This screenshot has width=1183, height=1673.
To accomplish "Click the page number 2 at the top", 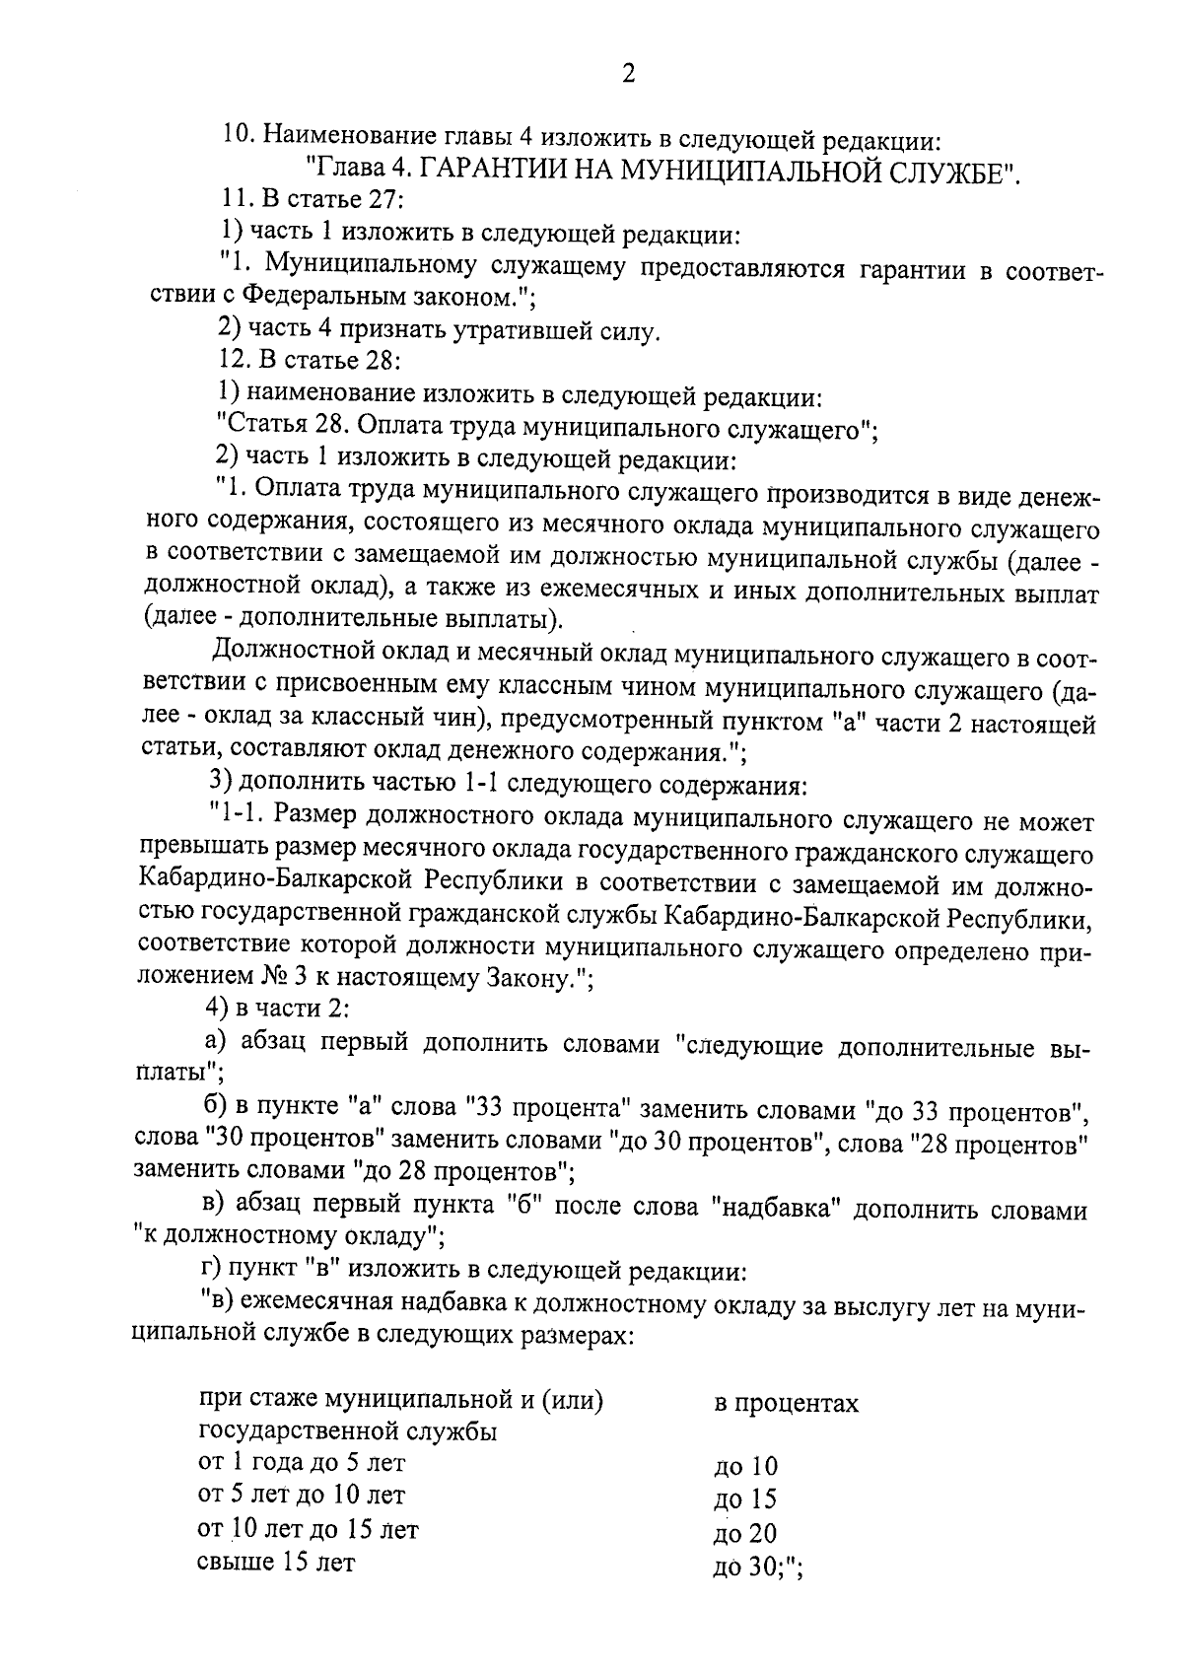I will point(627,74).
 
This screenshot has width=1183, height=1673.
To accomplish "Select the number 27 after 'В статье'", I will point(379,201).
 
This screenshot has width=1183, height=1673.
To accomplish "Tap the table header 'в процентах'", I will point(786,1403).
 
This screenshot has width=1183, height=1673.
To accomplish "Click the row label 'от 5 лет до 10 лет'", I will point(302,1496).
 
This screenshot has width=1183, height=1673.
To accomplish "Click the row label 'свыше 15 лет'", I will point(276,1562).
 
